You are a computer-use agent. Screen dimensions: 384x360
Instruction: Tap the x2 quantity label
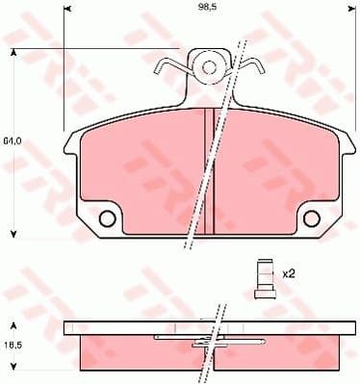click(288, 272)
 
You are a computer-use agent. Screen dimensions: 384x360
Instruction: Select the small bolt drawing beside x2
click(261, 275)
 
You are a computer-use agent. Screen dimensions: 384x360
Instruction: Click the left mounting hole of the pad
click(107, 218)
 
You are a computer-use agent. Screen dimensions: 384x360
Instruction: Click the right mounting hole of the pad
click(311, 218)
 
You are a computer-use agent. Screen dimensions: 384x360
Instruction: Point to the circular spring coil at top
click(208, 67)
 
